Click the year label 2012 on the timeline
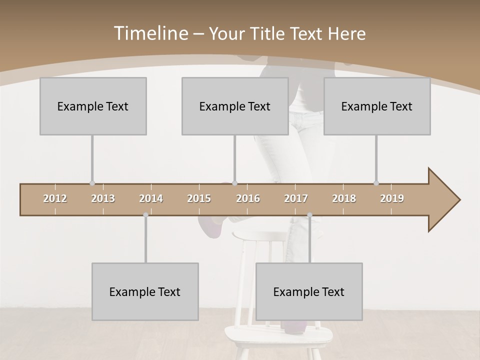coord(55,198)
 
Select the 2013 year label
coord(103,198)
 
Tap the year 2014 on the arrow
coord(151,198)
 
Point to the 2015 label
coord(199,198)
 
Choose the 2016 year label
coord(248,198)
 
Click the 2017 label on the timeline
coord(296,198)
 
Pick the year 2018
coord(344,198)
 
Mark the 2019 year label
coord(392,198)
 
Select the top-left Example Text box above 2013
coord(93,106)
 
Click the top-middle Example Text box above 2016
coord(235,106)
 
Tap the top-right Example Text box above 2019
coord(377,106)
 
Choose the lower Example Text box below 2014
coord(145,291)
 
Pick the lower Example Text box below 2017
coord(309,291)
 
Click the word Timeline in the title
coord(150,33)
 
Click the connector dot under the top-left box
coord(92,183)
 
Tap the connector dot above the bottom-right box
coord(309,215)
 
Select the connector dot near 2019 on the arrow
coord(376,183)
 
